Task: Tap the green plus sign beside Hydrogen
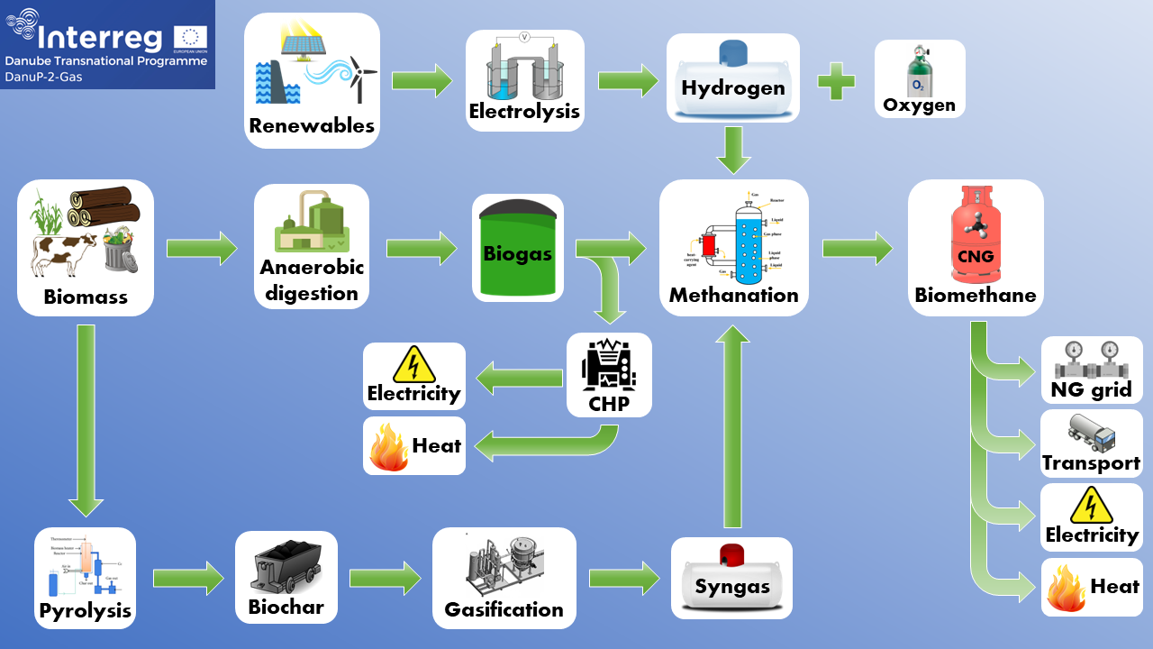coord(836,80)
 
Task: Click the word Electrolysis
coord(524,112)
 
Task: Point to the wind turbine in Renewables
coord(360,77)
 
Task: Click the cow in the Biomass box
coord(63,251)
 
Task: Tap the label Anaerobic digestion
coord(312,280)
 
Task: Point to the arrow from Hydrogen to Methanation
coord(734,150)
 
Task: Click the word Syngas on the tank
coord(731,587)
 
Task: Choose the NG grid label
coord(1091,390)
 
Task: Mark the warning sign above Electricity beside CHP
coord(413,364)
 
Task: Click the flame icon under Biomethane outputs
coord(1066,588)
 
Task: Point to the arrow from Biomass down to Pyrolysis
coord(86,420)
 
